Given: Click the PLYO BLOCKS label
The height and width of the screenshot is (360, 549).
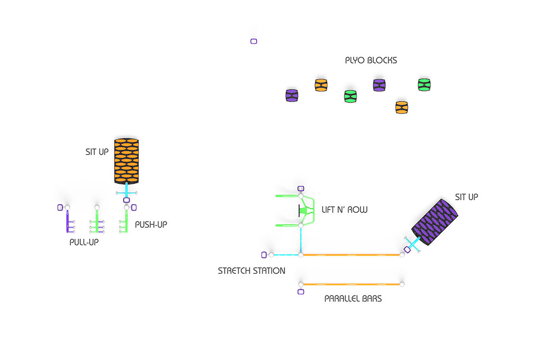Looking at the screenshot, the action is pos(371,61).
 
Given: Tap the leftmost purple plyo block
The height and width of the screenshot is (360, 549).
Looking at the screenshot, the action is pos(292,95).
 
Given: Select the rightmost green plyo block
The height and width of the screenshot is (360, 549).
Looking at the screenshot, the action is pos(424,85).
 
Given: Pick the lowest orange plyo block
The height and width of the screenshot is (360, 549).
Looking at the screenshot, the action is pos(402,107).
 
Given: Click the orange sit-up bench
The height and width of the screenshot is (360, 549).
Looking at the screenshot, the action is pos(126,161).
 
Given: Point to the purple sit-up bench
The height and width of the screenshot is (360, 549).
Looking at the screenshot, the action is pos(434,222).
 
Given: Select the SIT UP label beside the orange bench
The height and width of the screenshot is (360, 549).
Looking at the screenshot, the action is pos(97,152).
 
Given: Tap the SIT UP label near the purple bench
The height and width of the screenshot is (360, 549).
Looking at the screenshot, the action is pos(466,197).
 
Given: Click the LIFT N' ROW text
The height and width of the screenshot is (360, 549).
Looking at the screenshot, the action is pos(344,209).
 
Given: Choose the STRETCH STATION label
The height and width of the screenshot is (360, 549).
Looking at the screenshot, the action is pos(251,271).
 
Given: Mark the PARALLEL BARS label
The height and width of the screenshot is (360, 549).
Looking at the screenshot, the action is pos(353,298).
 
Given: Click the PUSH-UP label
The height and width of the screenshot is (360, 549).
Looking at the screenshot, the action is pos(151,225).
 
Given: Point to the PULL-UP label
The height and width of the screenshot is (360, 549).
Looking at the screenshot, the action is pos(84,242).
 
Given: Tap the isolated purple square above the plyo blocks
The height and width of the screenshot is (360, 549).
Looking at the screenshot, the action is pos(254,41).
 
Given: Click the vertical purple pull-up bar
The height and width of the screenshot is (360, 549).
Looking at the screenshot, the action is pos(67,221).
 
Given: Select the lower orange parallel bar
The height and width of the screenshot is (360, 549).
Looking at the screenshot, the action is pos(351,284).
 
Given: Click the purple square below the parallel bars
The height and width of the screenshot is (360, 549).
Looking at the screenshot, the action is pos(301,292).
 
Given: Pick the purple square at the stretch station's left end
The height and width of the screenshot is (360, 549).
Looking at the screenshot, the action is pos(264,255).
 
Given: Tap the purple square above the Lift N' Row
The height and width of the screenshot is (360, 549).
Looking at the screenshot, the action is pos(301,189).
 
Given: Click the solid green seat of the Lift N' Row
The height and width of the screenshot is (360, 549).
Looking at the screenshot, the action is pos(303,211).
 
